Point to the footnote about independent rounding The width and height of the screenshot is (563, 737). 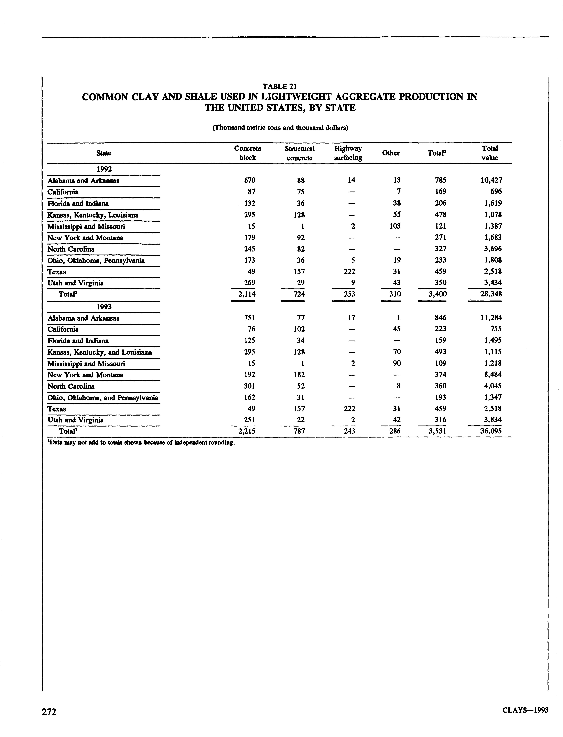pos(141,443)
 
